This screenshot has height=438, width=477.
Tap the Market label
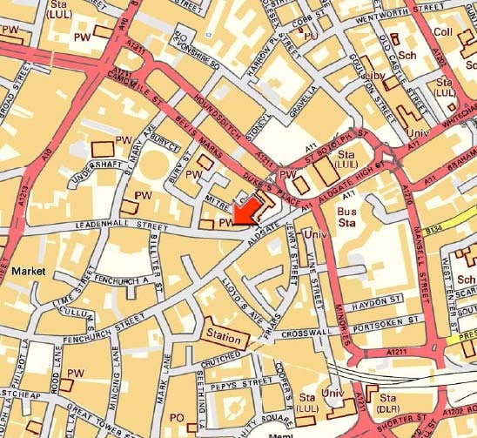pyautogui.click(x=29, y=272)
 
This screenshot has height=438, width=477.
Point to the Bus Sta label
pyautogui.click(x=349, y=217)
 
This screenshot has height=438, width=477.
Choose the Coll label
pyautogui.click(x=444, y=32)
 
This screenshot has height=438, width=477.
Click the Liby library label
pyautogui.click(x=372, y=79)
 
